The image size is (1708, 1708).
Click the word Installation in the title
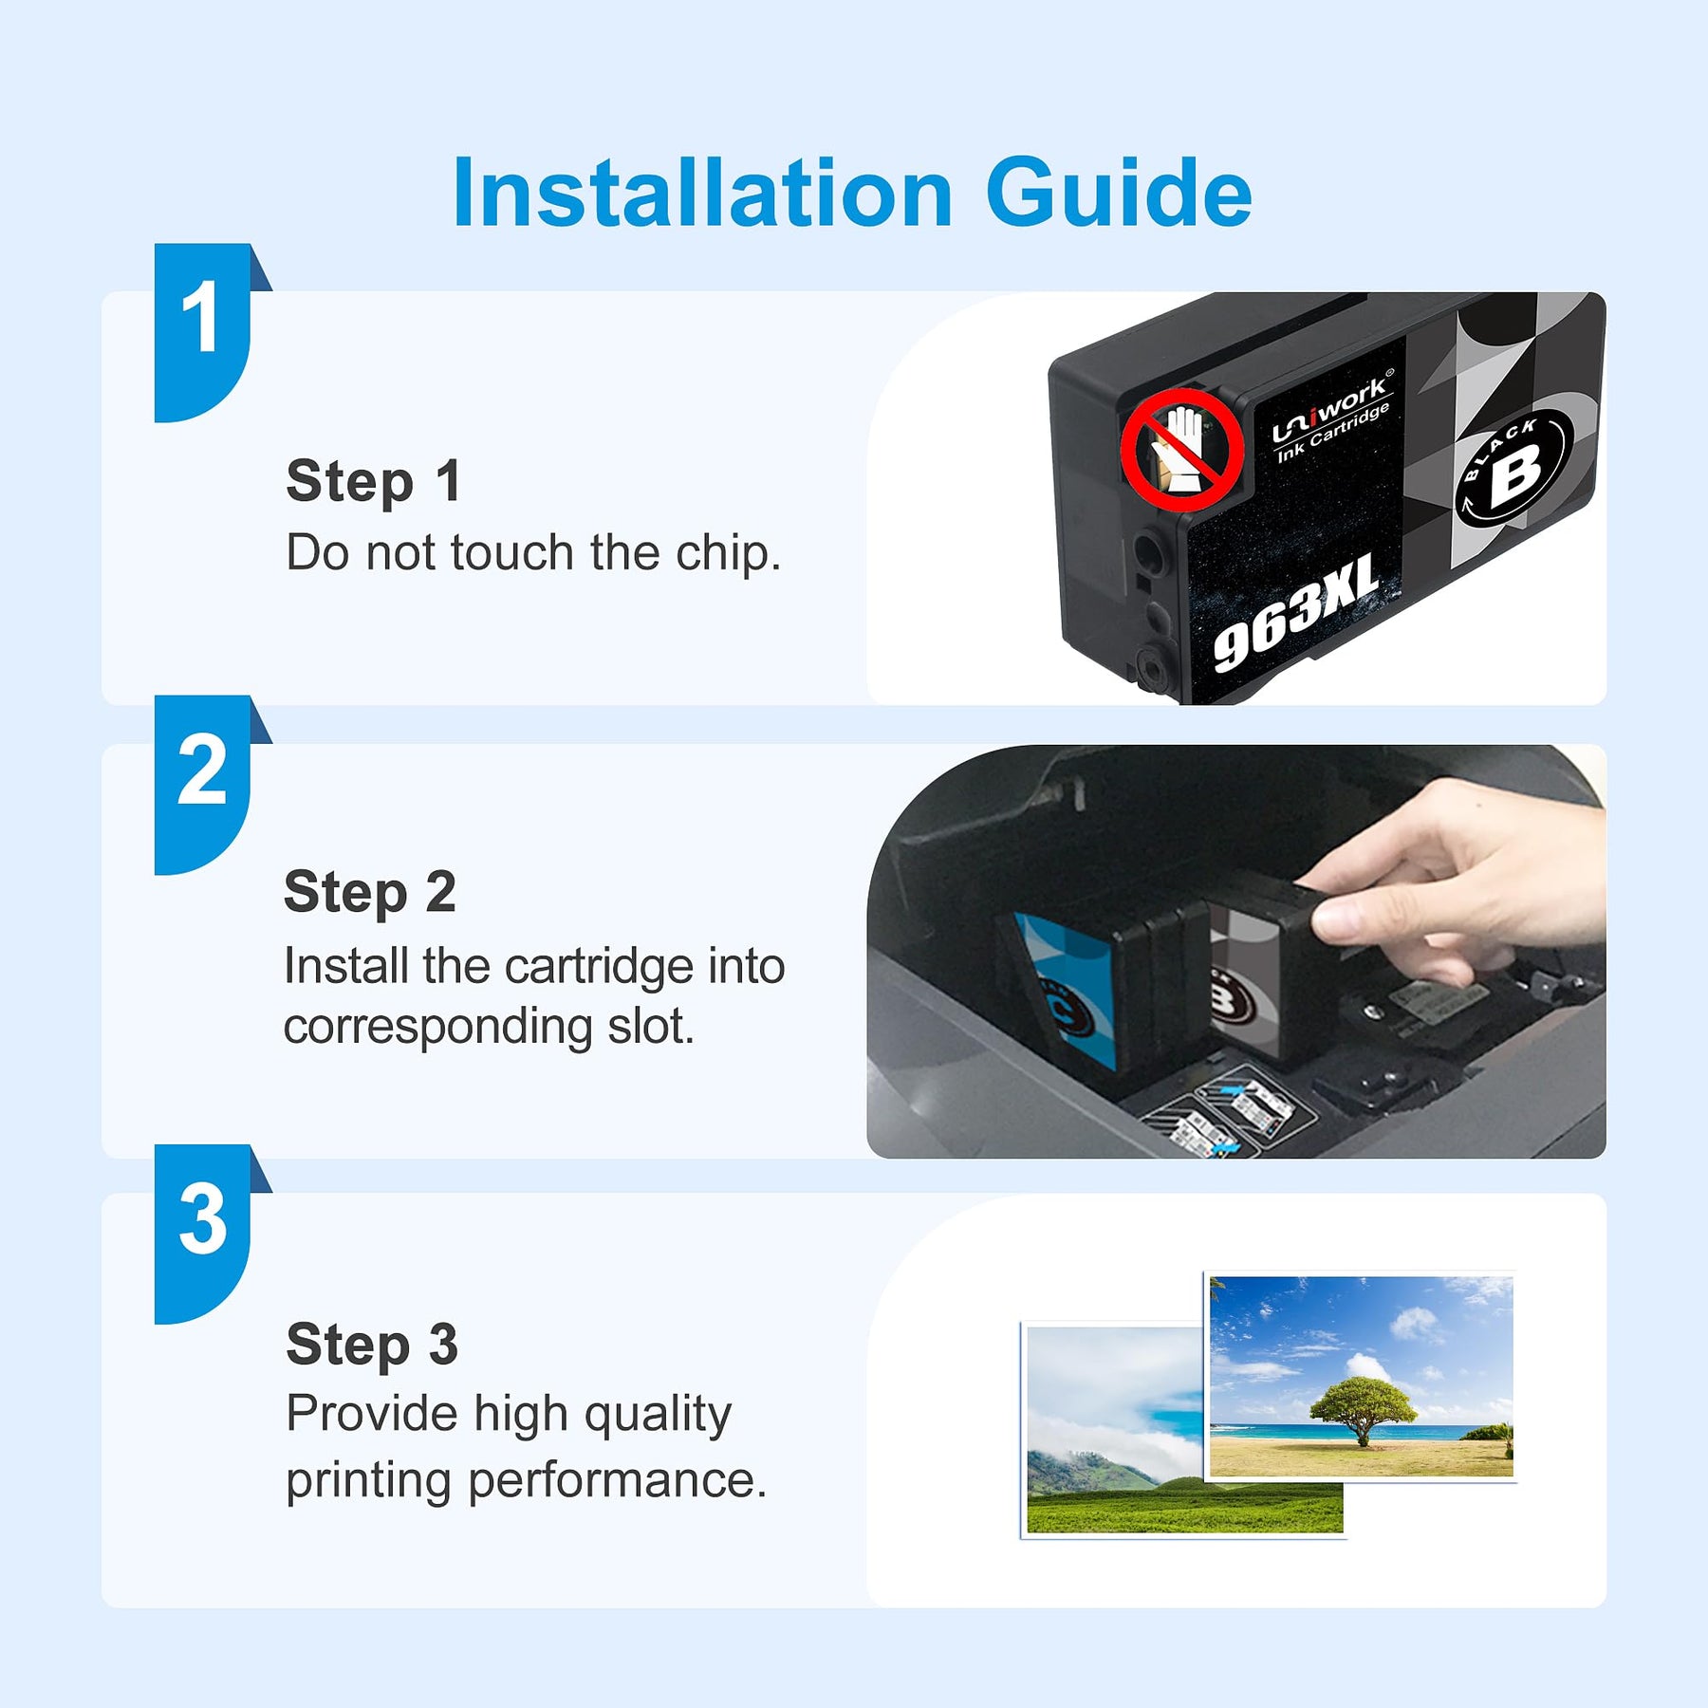[702, 194]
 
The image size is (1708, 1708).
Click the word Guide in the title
[1120, 194]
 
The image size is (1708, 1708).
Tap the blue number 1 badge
[207, 332]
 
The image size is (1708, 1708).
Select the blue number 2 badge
[207, 784]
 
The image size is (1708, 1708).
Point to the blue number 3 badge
[207, 1234]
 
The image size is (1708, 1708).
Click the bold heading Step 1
[374, 481]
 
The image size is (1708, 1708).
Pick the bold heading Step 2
[370, 893]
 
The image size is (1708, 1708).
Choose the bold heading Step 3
[372, 1346]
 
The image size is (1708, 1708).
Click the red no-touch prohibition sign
[1182, 448]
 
